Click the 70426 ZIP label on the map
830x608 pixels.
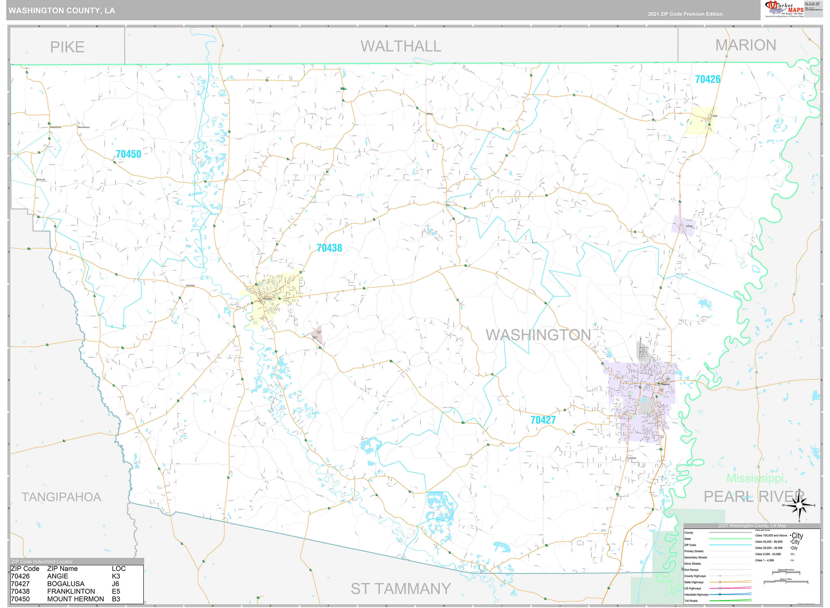pyautogui.click(x=707, y=79)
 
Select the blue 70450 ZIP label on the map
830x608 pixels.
pyautogui.click(x=128, y=154)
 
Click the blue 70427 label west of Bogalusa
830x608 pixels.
pyautogui.click(x=543, y=420)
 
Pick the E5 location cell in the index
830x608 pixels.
pyautogui.click(x=116, y=591)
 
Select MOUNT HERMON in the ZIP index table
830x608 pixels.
pyautogui.click(x=76, y=599)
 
